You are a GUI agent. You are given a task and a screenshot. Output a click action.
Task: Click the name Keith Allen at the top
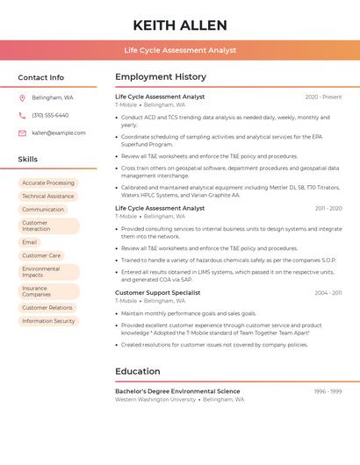180,25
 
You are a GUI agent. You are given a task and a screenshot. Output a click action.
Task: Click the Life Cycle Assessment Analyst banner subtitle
180,50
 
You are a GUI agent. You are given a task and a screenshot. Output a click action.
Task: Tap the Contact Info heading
41,77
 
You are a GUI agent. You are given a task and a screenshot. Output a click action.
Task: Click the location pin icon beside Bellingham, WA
22,97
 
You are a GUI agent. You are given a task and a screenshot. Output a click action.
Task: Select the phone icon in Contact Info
22,115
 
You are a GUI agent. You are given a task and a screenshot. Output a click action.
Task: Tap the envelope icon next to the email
22,132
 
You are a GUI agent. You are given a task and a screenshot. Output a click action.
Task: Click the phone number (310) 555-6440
50,115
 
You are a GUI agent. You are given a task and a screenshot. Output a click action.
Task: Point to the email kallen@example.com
59,132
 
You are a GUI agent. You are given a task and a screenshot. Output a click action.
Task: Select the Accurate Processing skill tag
48,183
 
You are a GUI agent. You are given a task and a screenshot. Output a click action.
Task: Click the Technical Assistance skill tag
48,197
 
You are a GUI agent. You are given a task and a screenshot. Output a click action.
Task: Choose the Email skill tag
30,242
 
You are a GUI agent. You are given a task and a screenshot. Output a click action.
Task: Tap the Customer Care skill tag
41,255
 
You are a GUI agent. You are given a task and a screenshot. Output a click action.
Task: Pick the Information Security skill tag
48,321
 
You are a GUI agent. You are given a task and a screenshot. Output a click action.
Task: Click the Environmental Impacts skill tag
41,272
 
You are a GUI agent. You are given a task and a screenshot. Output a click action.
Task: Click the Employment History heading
161,77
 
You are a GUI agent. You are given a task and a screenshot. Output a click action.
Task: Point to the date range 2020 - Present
323,97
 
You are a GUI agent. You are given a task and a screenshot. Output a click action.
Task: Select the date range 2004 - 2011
328,292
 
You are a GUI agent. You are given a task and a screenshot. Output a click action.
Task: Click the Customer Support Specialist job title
158,292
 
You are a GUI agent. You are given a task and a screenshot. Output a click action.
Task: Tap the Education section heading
138,371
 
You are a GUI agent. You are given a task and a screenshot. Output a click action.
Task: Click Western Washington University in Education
155,399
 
